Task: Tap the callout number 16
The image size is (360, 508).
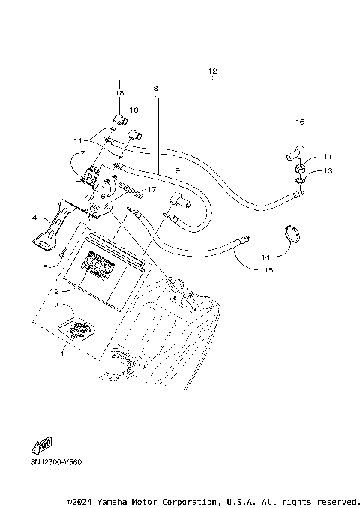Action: [300, 121]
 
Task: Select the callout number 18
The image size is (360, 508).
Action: [118, 92]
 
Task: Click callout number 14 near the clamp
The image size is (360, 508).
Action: [265, 257]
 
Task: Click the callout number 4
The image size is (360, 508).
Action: [34, 218]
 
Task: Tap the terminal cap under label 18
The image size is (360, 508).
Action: [118, 119]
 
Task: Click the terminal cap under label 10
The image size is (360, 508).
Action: [136, 134]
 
